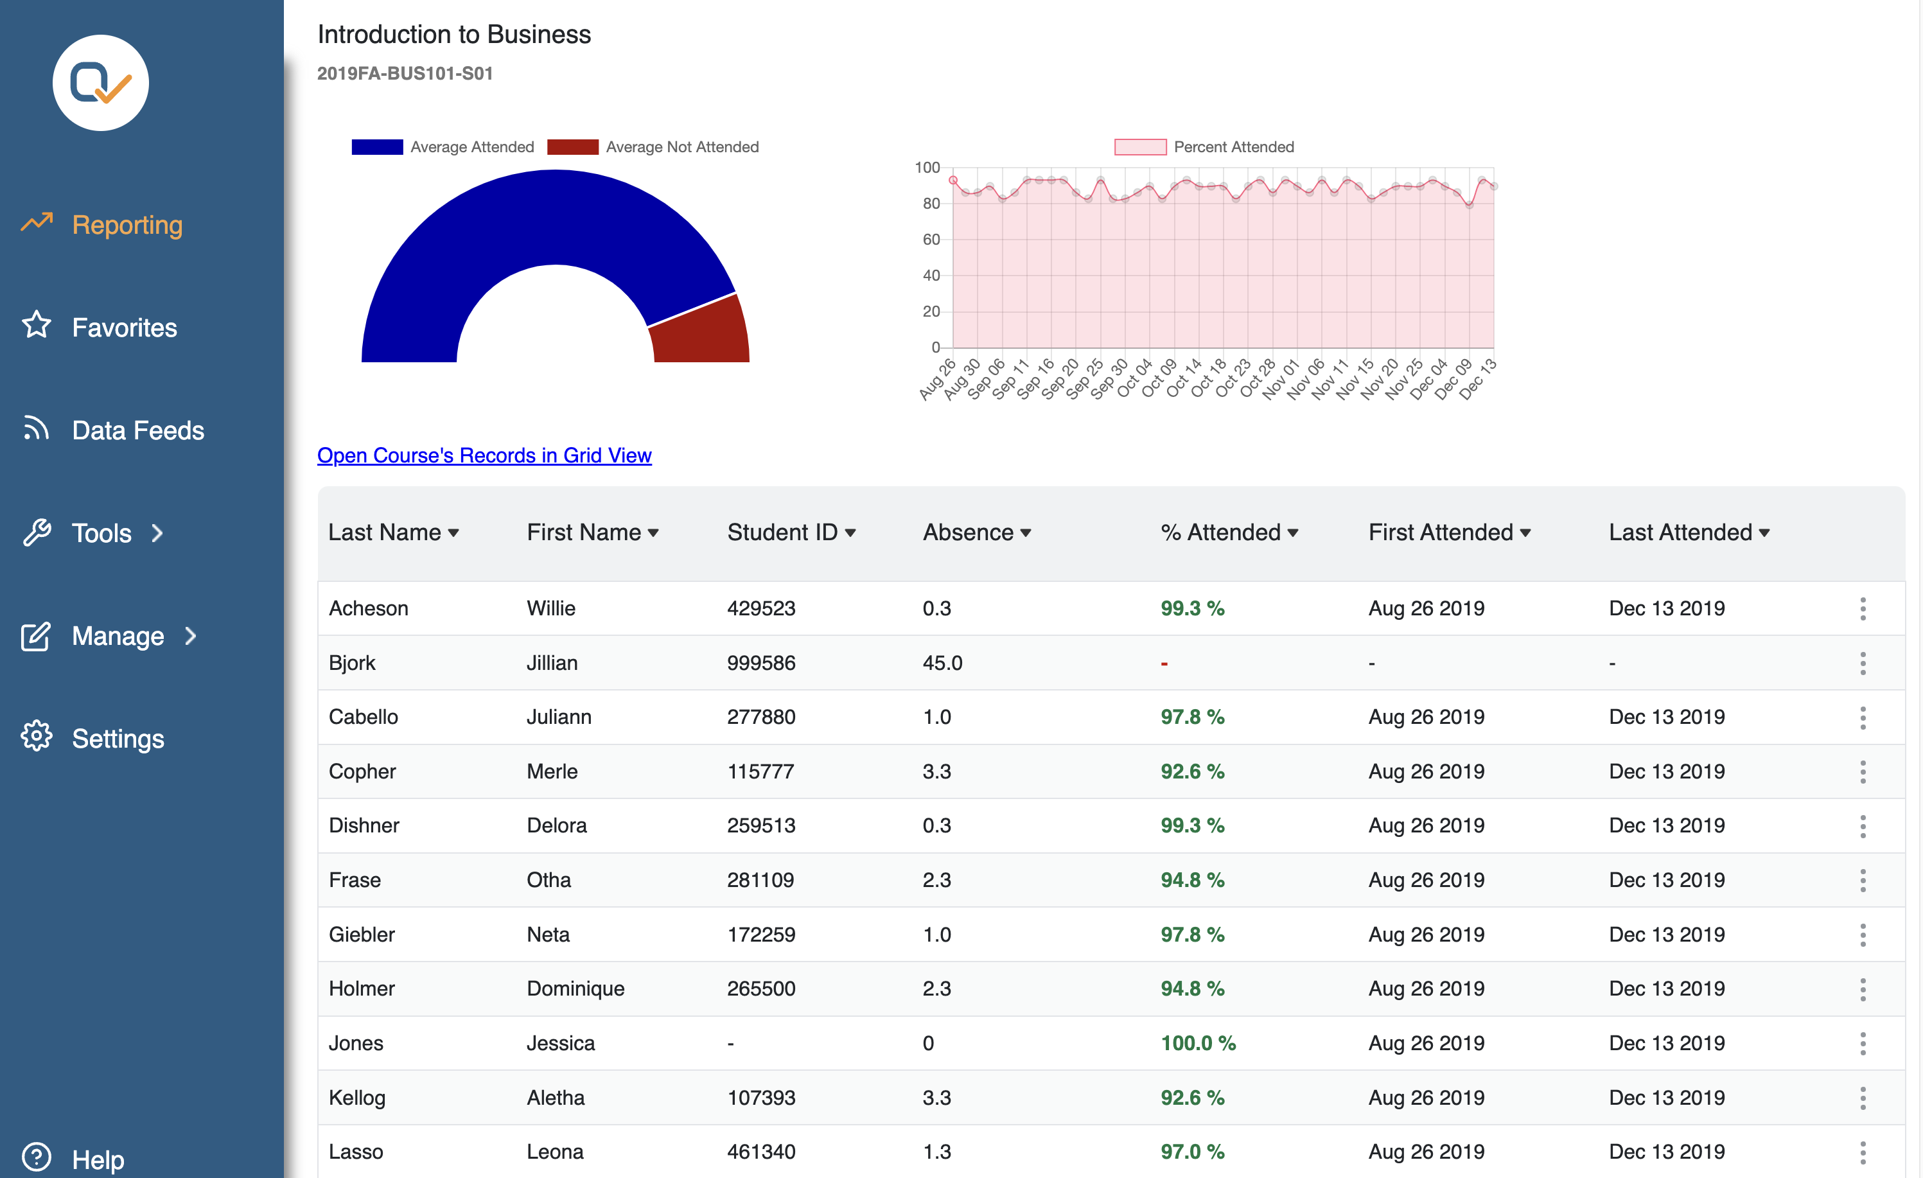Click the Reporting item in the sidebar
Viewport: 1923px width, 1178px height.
(101, 225)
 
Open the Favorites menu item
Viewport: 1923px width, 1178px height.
(99, 327)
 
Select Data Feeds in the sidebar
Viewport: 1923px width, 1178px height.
(113, 430)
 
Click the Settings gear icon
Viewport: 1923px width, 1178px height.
(36, 736)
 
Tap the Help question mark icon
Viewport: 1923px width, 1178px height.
(36, 1157)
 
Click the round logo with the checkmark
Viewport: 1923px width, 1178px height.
(101, 83)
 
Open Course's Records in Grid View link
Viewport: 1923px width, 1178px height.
(484, 455)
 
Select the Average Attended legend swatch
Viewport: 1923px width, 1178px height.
(377, 146)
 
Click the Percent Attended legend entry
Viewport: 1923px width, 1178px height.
(1204, 146)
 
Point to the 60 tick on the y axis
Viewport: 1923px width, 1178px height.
(931, 240)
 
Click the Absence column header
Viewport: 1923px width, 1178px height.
(976, 532)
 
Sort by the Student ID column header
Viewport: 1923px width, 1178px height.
(791, 532)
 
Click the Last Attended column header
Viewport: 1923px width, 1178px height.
(1689, 532)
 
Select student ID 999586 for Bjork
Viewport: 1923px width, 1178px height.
(761, 663)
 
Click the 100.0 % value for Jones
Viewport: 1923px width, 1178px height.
(1198, 1043)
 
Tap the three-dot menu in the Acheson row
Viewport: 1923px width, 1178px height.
(1862, 609)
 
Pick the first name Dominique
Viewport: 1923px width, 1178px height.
(575, 989)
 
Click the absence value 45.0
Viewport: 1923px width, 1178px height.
(942, 663)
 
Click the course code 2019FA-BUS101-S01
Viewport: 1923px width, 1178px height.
(405, 73)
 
